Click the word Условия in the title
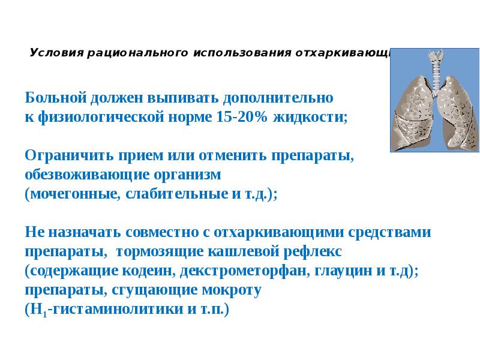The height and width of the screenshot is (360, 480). (55, 52)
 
